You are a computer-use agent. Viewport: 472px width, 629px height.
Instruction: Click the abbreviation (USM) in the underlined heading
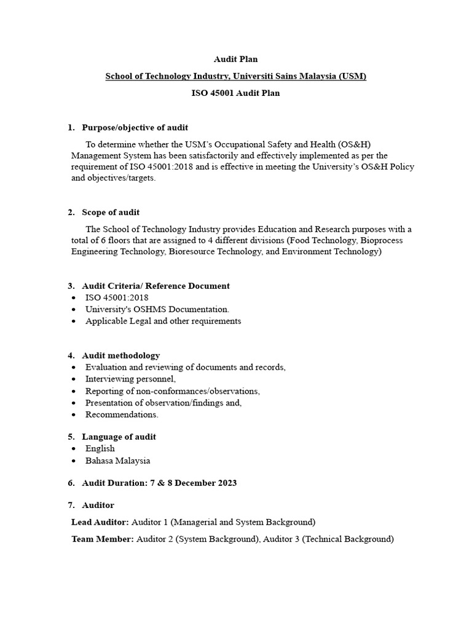click(x=352, y=77)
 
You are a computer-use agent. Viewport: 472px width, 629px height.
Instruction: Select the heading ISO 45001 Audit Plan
click(x=235, y=93)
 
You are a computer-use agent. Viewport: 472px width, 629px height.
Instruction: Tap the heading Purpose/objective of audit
click(x=135, y=128)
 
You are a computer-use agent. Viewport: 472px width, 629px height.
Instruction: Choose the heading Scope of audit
click(x=111, y=213)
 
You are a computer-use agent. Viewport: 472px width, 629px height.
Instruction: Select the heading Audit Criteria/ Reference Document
click(x=155, y=286)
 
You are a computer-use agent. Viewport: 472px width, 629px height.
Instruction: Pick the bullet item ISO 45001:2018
click(x=117, y=297)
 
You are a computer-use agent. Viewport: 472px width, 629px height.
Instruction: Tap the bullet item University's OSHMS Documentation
click(x=157, y=309)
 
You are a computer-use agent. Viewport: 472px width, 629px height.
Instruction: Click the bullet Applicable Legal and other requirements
click(x=163, y=321)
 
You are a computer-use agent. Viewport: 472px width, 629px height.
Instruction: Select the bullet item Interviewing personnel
click(x=130, y=379)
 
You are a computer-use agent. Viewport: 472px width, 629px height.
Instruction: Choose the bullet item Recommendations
click(x=122, y=414)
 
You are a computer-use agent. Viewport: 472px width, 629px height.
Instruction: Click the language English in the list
click(x=100, y=448)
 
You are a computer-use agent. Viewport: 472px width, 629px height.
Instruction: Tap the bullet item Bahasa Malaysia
click(x=117, y=460)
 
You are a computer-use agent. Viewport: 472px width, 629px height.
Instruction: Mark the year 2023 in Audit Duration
click(x=226, y=483)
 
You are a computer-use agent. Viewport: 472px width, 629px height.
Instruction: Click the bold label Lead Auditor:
click(x=100, y=522)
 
